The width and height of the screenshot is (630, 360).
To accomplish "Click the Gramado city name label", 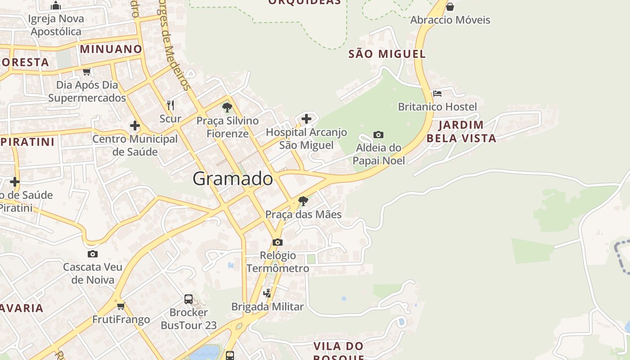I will coord(233,179).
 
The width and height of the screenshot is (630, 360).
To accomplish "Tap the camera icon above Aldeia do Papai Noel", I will coord(378,135).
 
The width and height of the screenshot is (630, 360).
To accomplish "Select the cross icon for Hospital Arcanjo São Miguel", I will coord(306,119).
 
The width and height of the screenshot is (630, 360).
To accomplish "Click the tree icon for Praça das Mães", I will coord(303,201).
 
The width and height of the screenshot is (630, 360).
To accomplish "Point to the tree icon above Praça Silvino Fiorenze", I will coord(227,108).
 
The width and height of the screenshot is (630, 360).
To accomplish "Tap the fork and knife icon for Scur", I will coord(171,105).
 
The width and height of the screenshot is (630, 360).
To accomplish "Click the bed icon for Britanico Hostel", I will coord(437,94).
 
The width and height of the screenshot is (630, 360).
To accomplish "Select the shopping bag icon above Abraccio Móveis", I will coord(450,7).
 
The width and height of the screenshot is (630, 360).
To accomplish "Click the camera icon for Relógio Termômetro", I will coord(278,242).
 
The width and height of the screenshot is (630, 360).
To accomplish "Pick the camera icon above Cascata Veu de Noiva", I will coord(93,254).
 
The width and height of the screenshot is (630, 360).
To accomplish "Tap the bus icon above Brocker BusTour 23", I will coord(189,299).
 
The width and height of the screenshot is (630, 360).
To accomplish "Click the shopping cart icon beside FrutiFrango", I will coord(121,306).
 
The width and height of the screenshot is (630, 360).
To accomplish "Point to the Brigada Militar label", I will coord(267,307).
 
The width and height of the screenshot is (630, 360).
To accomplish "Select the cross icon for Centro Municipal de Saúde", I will coord(135,126).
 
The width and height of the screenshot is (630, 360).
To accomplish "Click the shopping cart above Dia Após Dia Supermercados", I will coord(87,72).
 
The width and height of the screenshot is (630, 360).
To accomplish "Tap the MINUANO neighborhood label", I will coord(111,49).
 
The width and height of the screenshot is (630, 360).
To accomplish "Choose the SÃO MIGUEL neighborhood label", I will coord(387,54).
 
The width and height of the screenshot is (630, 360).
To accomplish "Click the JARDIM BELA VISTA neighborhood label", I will coord(461,131).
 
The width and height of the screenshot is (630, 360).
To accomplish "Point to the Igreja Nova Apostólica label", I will coord(56,25).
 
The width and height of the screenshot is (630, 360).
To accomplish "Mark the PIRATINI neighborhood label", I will coord(27,142).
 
